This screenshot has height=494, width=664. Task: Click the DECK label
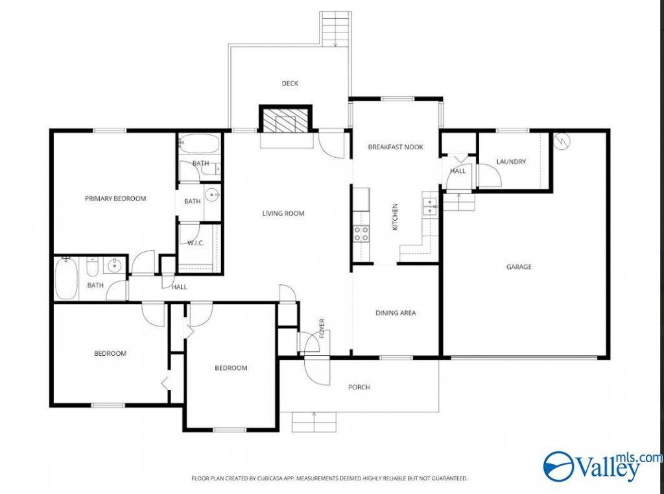[x=290, y=84]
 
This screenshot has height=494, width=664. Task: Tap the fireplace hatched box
[x=285, y=121]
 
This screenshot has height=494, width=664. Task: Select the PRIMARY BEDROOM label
[x=115, y=199]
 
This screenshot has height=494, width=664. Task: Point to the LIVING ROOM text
[x=283, y=214]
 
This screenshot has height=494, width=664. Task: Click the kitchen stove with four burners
[x=361, y=234]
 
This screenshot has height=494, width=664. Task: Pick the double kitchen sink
[x=430, y=204]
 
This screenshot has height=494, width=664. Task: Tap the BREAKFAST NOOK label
[x=396, y=147]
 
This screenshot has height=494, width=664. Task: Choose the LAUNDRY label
[x=511, y=162]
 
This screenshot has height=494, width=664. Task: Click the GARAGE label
[x=519, y=267]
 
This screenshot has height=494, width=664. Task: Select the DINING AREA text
[x=396, y=313]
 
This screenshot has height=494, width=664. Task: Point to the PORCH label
[x=359, y=387]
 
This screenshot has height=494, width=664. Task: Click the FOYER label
[x=322, y=328]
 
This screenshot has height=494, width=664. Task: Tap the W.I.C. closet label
[x=196, y=243]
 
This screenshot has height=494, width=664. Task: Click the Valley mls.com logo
[x=603, y=467]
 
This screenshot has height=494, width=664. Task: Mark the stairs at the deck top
[x=335, y=28]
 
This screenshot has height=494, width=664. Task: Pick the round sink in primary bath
[x=211, y=195]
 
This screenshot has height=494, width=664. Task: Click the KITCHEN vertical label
[x=396, y=217]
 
